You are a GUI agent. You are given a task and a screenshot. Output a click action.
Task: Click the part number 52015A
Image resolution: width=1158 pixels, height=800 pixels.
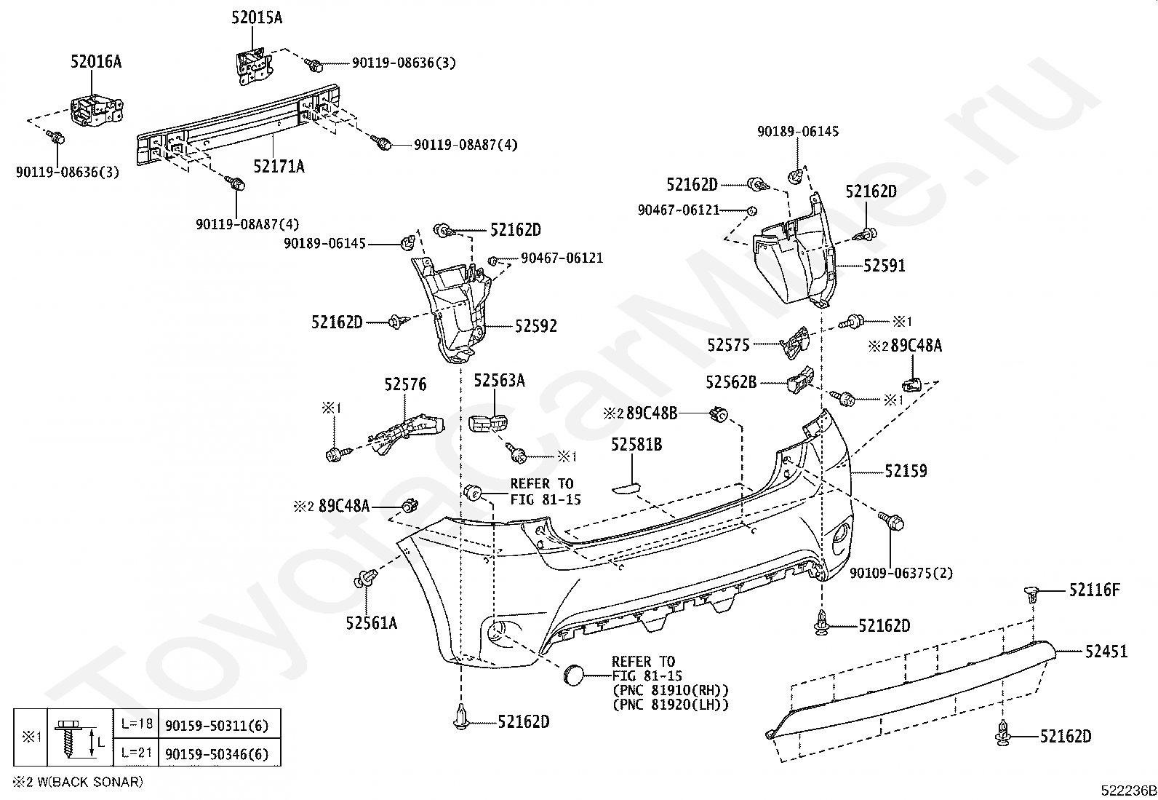(257, 18)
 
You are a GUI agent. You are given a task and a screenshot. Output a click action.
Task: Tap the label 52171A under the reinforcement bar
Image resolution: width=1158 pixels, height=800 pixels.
(279, 167)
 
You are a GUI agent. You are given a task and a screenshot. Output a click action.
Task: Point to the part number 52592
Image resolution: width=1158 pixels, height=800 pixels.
(535, 326)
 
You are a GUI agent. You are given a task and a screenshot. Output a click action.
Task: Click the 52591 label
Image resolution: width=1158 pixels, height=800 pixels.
(885, 266)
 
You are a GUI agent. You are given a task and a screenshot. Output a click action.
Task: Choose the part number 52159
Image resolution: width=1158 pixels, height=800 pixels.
(906, 471)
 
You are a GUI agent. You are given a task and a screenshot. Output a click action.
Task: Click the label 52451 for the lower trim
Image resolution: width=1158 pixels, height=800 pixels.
(1106, 652)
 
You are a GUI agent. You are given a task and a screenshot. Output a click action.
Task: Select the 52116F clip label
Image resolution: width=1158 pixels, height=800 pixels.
(1095, 590)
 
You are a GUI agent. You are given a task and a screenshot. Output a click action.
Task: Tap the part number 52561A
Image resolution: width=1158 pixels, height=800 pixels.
(372, 623)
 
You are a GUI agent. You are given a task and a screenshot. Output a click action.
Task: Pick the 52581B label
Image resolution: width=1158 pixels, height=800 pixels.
(636, 445)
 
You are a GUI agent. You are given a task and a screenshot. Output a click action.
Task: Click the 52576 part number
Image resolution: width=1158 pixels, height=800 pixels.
(405, 384)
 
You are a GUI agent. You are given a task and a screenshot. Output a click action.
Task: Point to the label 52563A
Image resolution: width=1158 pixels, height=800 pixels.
(500, 380)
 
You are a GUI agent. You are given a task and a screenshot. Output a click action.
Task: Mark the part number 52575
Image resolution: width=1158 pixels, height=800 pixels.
(728, 345)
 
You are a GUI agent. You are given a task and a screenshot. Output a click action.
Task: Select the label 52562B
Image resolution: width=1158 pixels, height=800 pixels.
(731, 382)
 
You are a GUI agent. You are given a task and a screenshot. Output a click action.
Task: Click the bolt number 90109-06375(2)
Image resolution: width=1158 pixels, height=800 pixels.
(901, 574)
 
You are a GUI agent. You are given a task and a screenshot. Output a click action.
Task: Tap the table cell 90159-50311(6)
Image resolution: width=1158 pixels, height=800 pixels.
(217, 726)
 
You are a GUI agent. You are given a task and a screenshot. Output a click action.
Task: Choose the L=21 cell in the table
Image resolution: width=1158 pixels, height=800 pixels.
(137, 753)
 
